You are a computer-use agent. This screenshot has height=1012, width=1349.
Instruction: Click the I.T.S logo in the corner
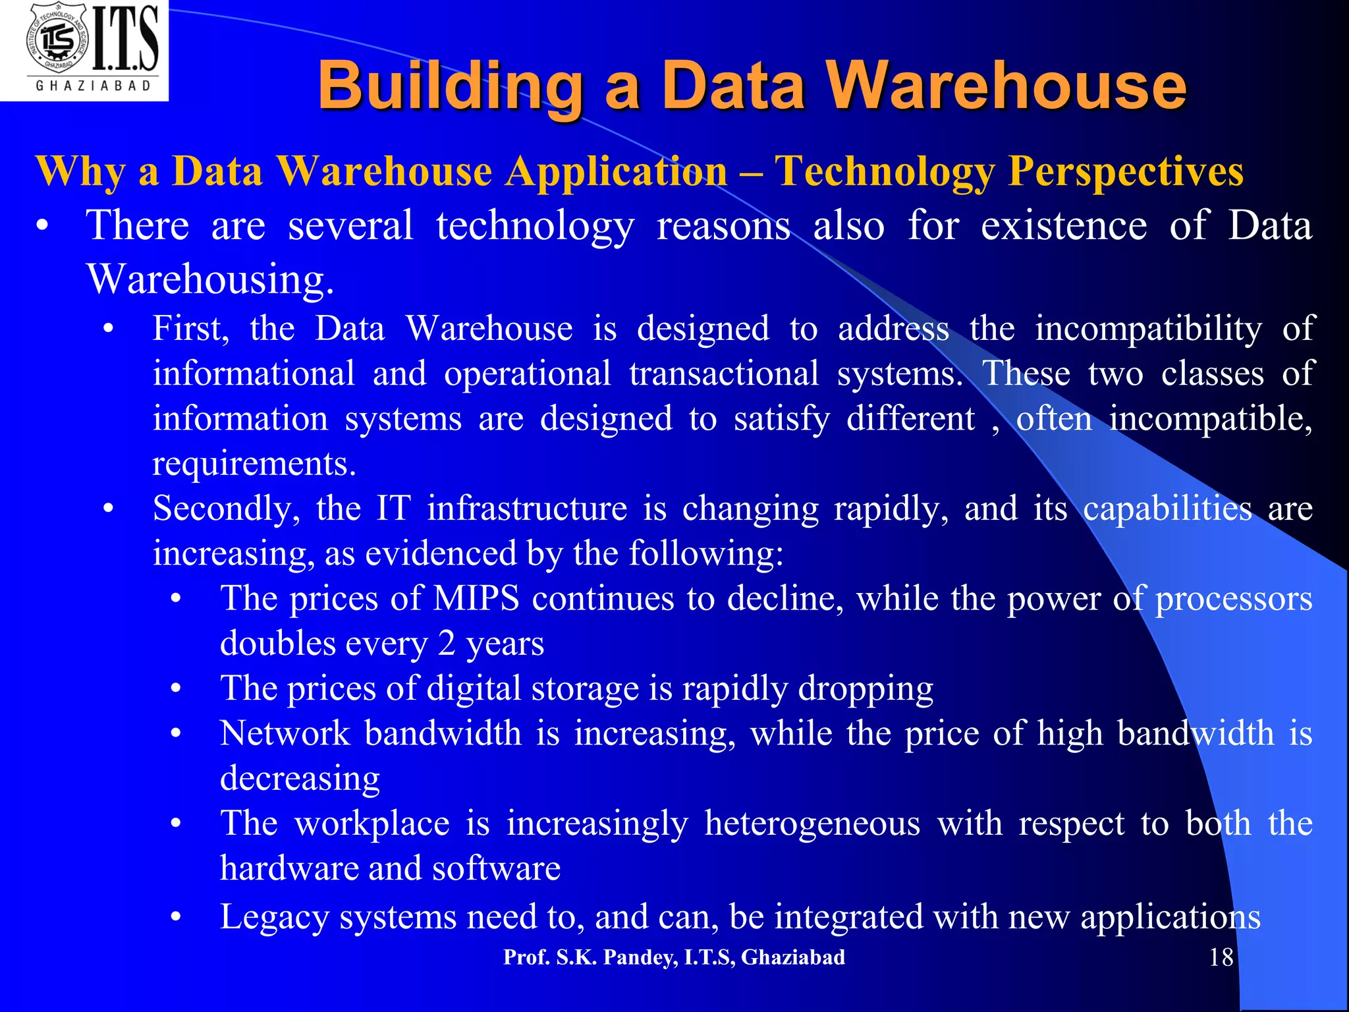(84, 50)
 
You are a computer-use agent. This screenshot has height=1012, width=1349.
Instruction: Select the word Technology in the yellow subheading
(885, 171)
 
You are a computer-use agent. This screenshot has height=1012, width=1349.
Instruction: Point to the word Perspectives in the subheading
(1126, 171)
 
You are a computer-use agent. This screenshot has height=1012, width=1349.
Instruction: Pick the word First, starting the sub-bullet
(191, 329)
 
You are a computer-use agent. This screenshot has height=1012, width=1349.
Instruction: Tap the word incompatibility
(1148, 329)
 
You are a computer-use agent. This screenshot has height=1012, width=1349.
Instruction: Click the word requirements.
(254, 464)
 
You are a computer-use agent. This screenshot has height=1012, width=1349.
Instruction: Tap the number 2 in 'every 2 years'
(447, 644)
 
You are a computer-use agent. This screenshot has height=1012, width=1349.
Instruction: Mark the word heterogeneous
(812, 824)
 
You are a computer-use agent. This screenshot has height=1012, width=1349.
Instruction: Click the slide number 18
(1221, 957)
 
